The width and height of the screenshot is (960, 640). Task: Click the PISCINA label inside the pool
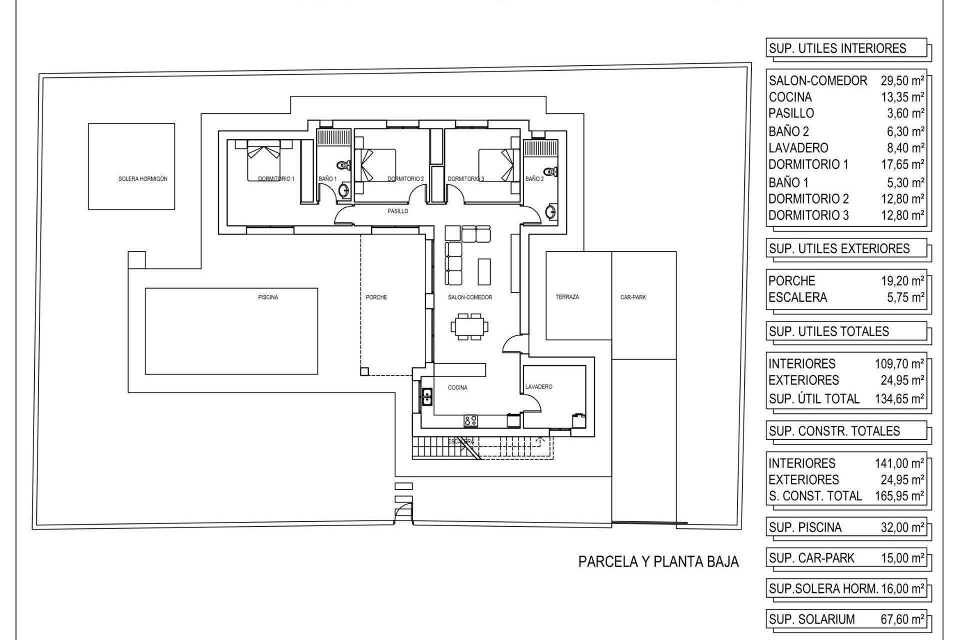(268, 297)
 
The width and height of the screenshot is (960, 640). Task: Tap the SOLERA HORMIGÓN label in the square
(143, 179)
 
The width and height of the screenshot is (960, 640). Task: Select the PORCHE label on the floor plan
(376, 297)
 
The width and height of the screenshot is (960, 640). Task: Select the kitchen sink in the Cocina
(427, 396)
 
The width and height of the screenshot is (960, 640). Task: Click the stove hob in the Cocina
(470, 420)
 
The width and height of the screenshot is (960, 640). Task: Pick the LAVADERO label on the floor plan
(539, 387)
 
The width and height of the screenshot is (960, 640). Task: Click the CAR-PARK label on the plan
(633, 297)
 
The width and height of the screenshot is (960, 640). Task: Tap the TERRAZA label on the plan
(567, 297)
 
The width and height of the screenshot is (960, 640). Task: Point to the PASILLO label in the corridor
(398, 211)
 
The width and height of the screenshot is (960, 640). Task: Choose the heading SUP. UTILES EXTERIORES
(839, 248)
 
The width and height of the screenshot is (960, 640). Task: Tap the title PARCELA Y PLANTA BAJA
(658, 562)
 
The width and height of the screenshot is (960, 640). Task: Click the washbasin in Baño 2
(550, 212)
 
